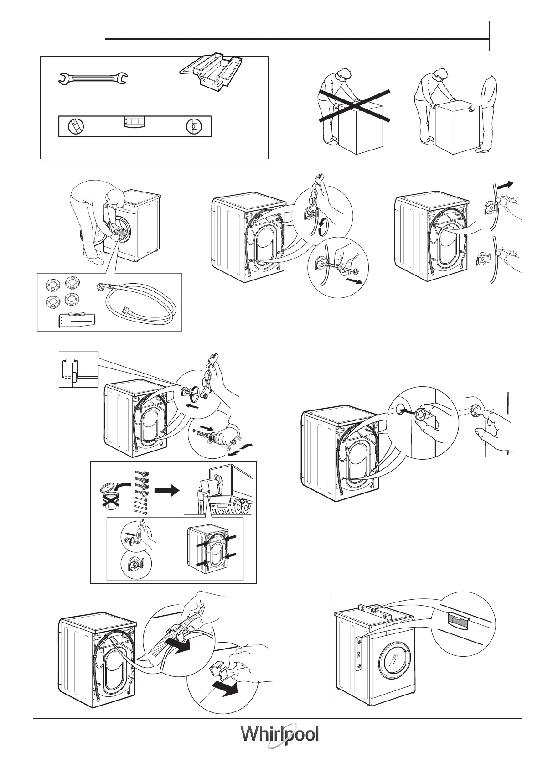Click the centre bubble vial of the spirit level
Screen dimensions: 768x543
pyautogui.click(x=134, y=122)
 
